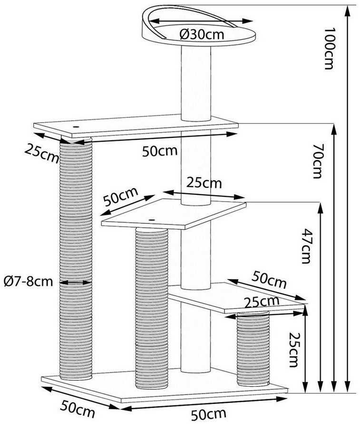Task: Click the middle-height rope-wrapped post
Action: click(151, 304)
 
